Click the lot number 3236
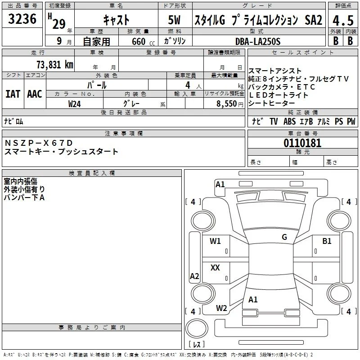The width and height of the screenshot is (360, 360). click(22, 19)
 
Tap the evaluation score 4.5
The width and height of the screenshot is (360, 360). click(343, 20)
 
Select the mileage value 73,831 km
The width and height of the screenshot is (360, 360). click(55, 64)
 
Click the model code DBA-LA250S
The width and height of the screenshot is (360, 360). click(258, 41)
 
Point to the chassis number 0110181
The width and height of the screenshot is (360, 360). click(302, 143)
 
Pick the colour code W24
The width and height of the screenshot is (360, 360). click(74, 104)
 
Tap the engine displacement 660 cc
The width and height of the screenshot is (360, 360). click(143, 42)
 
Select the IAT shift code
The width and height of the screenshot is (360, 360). click(13, 94)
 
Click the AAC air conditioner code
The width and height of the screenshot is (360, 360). click(35, 94)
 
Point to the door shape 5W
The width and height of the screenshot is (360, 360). click(174, 20)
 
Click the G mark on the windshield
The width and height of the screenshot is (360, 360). click(284, 237)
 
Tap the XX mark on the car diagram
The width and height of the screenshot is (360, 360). click(215, 267)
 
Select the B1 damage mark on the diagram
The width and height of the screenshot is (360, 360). click(327, 241)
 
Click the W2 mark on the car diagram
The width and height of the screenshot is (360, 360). click(221, 308)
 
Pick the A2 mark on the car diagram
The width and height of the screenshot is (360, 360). click(194, 276)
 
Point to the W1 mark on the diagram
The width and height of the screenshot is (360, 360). click(215, 241)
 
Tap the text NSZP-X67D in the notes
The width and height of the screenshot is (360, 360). click(39, 143)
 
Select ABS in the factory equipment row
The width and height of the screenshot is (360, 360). click(289, 121)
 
